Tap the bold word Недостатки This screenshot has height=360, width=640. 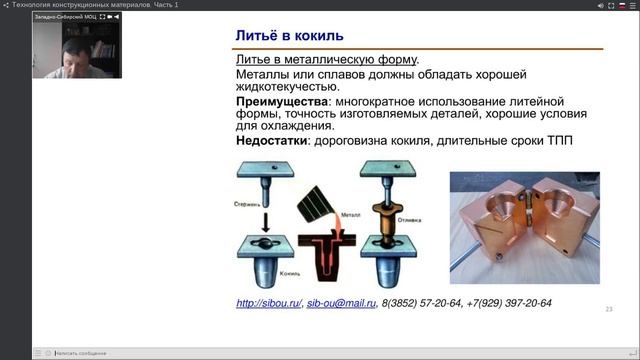point(272,140)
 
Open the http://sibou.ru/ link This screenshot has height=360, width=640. point(268,303)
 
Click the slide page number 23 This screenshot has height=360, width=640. point(608,310)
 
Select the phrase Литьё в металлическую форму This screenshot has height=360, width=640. point(326,58)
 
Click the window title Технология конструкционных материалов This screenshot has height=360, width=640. point(96,5)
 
